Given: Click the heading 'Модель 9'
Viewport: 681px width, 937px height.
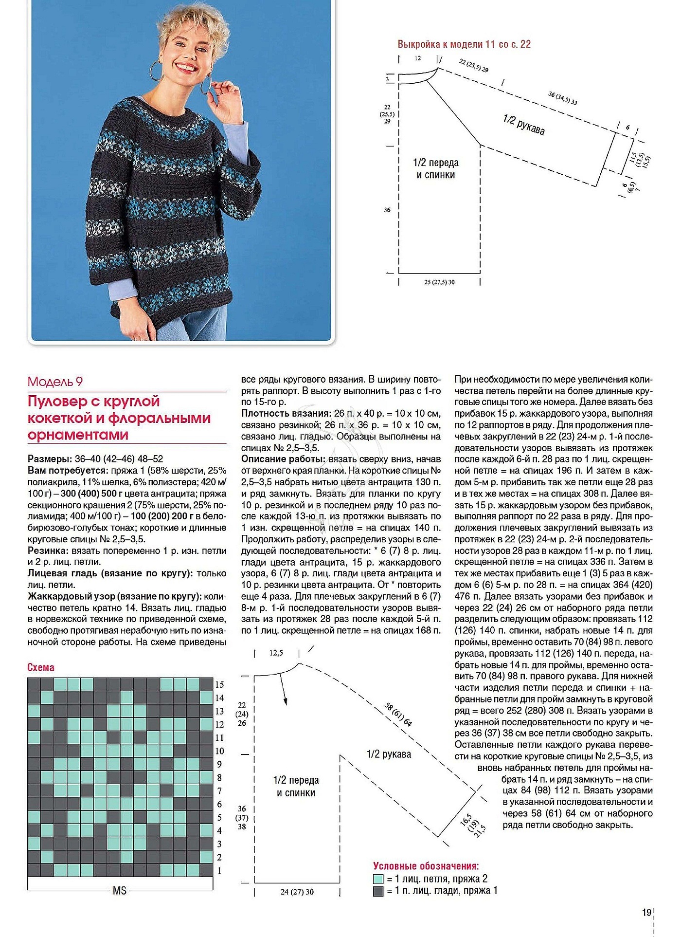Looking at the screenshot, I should [54, 382].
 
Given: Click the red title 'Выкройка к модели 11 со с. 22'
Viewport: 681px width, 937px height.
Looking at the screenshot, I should [464, 44].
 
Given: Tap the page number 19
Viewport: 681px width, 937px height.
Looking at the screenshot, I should [646, 912].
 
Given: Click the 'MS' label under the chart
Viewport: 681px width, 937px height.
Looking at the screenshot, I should [120, 890].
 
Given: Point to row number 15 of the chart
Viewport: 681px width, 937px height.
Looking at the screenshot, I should [219, 684].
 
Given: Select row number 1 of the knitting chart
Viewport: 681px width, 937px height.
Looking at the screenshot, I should [219, 870].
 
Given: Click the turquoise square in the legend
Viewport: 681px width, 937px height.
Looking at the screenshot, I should [378, 879].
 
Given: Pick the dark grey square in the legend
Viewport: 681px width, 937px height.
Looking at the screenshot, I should [378, 891].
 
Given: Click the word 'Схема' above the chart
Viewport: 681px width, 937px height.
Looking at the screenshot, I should [41, 667].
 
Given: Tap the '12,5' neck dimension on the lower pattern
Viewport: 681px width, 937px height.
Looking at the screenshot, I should [276, 653].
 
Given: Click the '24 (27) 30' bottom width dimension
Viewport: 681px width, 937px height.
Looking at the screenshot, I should [297, 892].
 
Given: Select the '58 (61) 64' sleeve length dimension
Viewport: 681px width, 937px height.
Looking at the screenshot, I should [398, 715].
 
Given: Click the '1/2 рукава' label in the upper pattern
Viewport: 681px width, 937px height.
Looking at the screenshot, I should [523, 125].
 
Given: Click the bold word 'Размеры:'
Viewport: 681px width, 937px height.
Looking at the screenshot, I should [50, 459].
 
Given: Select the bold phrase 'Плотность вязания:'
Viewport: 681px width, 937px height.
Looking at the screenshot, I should [286, 413].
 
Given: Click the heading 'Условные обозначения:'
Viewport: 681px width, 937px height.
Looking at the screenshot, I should [426, 866].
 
